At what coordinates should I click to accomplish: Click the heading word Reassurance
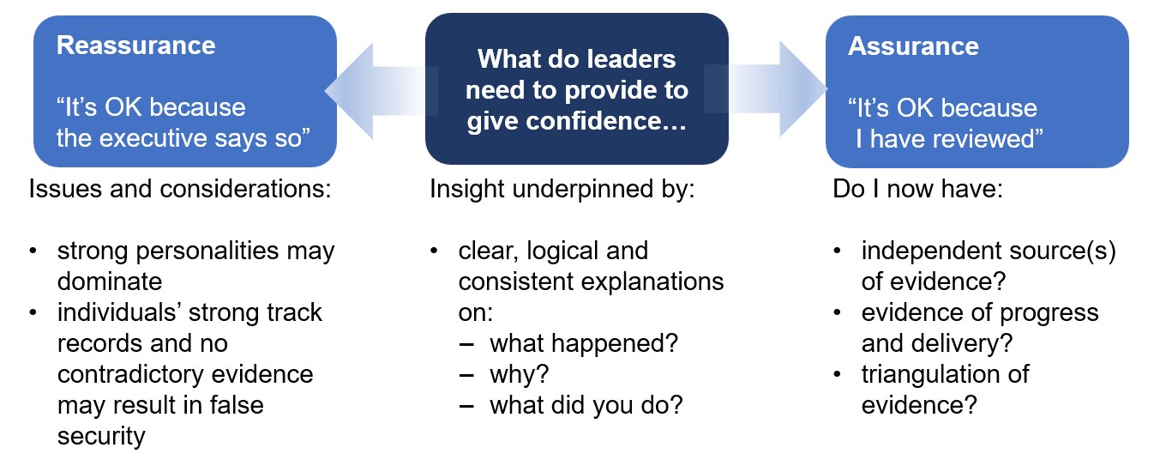135,45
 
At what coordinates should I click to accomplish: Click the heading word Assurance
914,45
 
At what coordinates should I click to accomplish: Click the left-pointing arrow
380,91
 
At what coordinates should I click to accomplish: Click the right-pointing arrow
766,88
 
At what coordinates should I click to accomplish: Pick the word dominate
110,281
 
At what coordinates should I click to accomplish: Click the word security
101,437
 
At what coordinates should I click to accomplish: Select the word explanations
652,282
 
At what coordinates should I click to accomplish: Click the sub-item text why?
519,375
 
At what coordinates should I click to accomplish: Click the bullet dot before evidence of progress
837,312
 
